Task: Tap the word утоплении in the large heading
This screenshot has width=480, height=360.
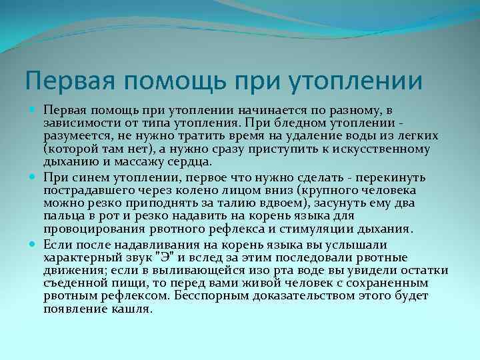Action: pos(357,81)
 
